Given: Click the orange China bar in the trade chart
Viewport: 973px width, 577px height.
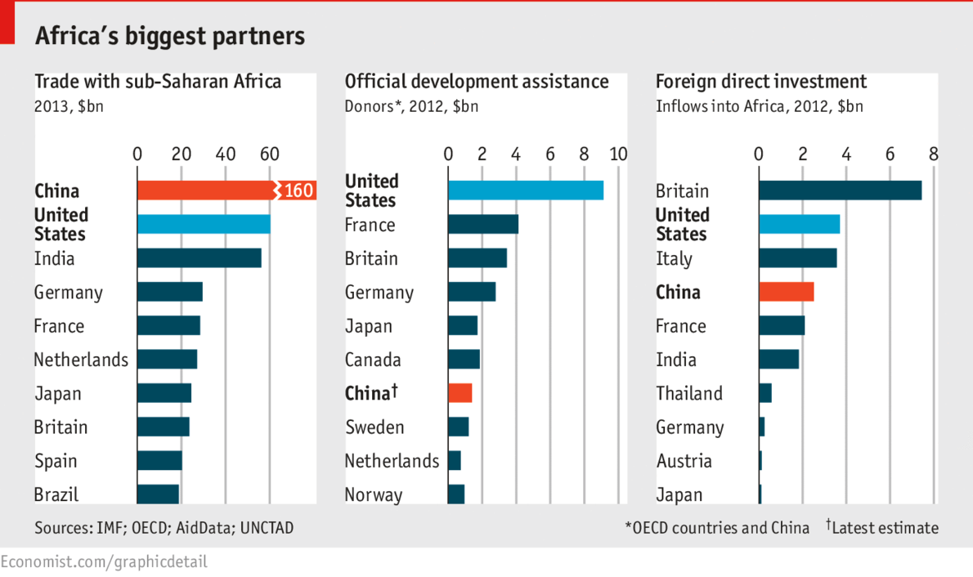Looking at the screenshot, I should coord(204,190).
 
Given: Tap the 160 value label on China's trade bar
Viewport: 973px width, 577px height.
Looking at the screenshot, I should coord(298,190).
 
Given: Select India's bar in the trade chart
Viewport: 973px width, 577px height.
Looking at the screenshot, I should coord(199,258).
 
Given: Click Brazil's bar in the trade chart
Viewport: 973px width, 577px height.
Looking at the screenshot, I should coord(158,494).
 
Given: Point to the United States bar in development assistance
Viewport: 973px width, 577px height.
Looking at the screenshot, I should coord(525,190).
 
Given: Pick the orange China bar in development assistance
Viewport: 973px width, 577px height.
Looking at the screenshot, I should coord(460,393).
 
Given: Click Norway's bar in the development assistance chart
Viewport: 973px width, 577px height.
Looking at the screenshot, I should coord(456,494).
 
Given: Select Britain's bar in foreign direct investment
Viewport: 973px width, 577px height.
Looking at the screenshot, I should coord(840,190).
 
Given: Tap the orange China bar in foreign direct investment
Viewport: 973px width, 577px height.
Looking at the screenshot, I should coord(786,292).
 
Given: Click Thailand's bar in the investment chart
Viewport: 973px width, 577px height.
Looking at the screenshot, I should coord(765,393).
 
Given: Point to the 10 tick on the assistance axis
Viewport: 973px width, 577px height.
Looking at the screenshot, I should coord(618,154).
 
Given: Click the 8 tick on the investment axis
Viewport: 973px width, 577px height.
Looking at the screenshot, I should coord(934,154).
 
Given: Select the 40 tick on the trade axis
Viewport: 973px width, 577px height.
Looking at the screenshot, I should coord(226,154).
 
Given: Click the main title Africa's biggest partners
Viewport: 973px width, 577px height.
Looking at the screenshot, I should coord(169,37).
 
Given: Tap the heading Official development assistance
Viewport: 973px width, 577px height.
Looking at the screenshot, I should coord(477,82).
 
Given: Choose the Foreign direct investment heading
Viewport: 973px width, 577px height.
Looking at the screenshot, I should coord(761,82).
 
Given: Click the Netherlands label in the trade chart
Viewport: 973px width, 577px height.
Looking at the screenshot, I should coord(81,360).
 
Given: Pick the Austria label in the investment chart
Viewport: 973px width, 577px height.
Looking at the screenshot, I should coord(684,461).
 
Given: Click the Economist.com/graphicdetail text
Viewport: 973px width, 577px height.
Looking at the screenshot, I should coord(104,562).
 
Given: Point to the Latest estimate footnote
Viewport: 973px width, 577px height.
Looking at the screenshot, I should coord(884,528).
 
